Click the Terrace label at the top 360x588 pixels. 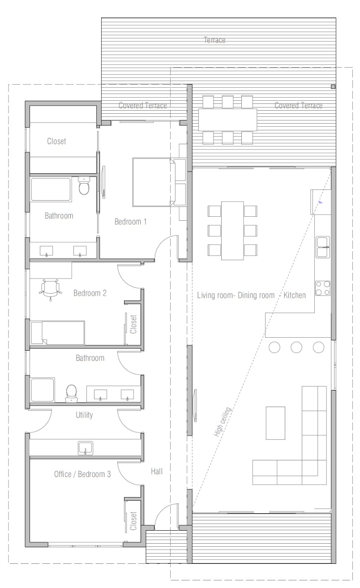(214, 40)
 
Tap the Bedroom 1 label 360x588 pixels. (130, 222)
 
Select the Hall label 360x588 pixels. (157, 472)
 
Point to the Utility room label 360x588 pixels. (84, 415)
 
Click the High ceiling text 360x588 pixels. (222, 422)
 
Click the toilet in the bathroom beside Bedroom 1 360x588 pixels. (84, 186)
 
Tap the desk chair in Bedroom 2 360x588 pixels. (51, 289)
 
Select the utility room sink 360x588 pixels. (85, 448)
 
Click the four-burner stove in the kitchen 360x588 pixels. (323, 288)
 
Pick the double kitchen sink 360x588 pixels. (323, 247)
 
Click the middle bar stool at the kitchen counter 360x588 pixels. (296, 347)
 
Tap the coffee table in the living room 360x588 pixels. (275, 423)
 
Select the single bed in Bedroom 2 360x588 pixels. (58, 333)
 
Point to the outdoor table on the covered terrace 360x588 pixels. (227, 120)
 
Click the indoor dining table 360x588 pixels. (232, 231)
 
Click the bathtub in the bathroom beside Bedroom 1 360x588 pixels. (51, 189)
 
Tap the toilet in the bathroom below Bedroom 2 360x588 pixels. (71, 393)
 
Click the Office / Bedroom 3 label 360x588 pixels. (82, 474)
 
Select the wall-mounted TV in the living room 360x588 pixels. (195, 406)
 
